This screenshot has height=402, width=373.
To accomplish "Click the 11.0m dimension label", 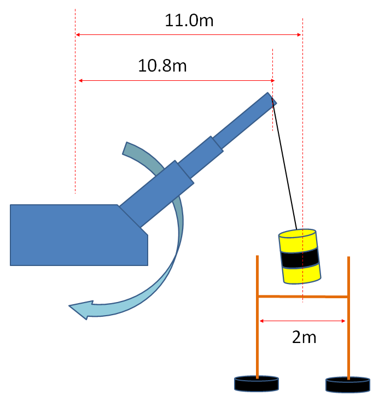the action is pos(189,21).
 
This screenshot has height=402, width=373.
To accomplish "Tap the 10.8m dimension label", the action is pos(162,66).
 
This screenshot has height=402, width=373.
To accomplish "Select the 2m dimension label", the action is pos(304,336).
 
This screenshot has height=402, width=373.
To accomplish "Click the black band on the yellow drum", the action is pos(300,257).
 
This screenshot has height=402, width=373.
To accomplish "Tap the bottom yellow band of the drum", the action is pos(301,274).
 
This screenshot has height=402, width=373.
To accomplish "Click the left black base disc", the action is pos(257,384).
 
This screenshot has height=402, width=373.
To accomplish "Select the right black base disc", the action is pos(348,385).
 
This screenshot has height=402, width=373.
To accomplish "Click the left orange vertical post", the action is pos(257,328).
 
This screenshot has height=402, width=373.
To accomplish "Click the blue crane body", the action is pos(71,235).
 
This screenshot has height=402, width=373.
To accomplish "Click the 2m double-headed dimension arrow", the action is pos(302,321).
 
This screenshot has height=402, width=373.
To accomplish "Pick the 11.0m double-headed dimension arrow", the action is pos(189,35).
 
